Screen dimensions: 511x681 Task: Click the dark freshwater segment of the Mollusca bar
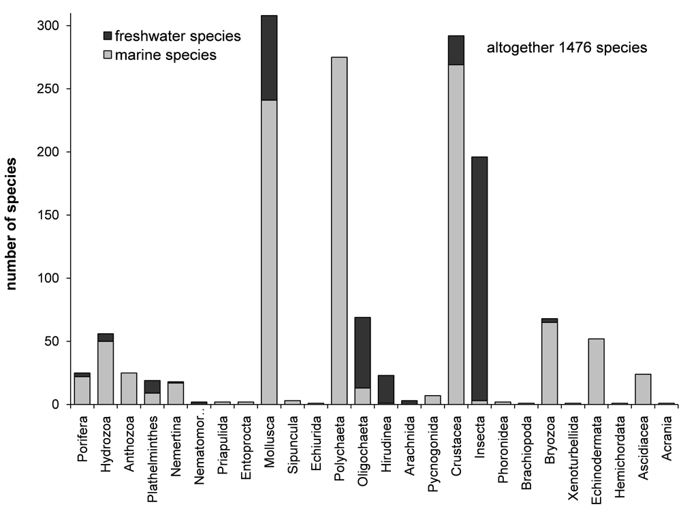click(269, 57)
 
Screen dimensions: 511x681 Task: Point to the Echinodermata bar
click(596, 371)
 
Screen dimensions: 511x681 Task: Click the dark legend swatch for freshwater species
click(107, 35)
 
